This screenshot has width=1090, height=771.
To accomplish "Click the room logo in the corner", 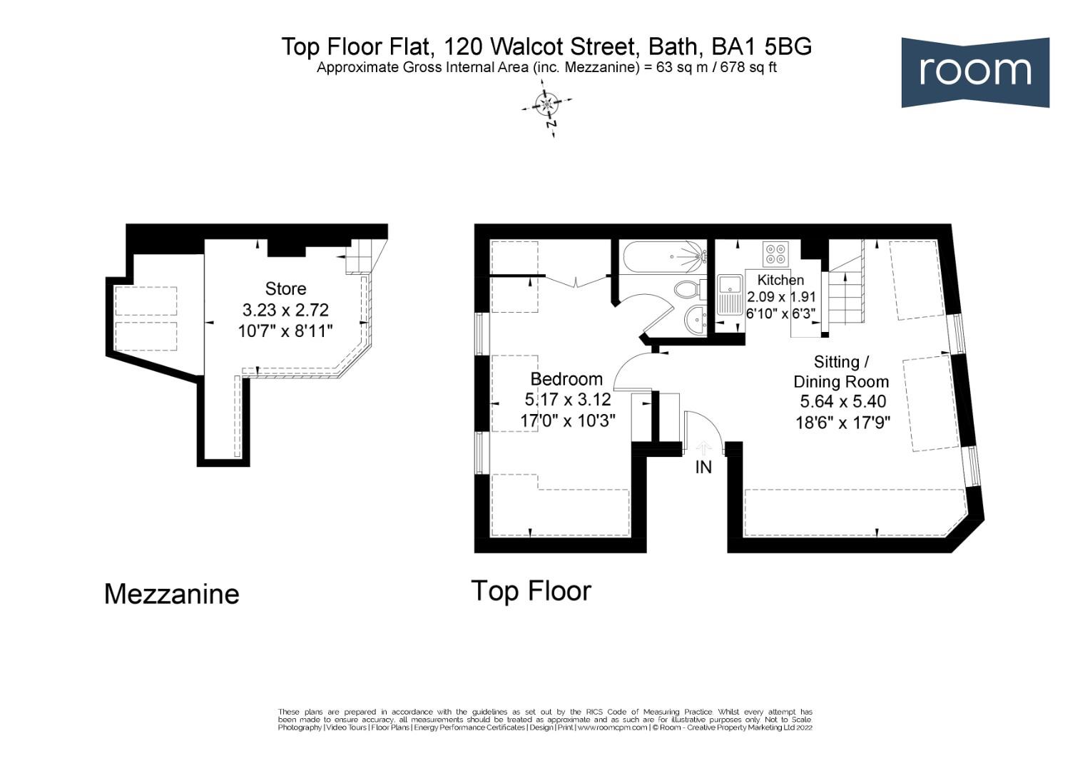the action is point(974,72).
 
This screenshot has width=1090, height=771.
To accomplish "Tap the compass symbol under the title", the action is point(547,106).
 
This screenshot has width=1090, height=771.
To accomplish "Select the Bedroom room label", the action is point(566,379).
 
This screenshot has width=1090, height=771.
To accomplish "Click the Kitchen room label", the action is point(780,280).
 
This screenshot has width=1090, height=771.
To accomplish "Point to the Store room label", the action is point(285,288).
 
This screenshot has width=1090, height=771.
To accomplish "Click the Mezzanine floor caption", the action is point(171,594).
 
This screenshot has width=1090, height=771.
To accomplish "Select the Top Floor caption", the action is point(531,591).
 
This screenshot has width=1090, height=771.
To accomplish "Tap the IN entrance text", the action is point(703,468).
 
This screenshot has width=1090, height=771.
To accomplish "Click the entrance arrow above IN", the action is point(703,448).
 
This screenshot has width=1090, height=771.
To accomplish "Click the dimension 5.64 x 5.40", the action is point(842,402).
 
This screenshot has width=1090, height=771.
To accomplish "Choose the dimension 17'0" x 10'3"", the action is point(567,420).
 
